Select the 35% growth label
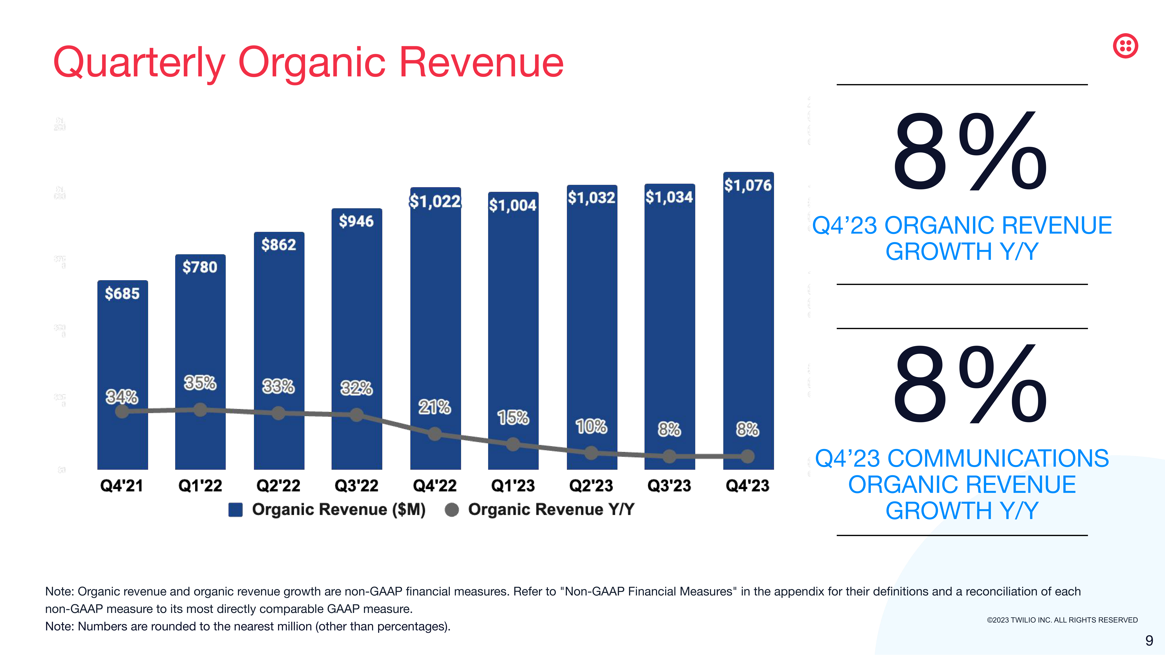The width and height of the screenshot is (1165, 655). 200,383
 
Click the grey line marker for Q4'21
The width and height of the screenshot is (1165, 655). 122,411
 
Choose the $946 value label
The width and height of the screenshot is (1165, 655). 356,221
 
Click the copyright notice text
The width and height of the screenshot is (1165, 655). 1062,620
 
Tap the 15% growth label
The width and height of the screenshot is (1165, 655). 513,417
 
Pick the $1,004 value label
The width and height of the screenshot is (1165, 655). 513,205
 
